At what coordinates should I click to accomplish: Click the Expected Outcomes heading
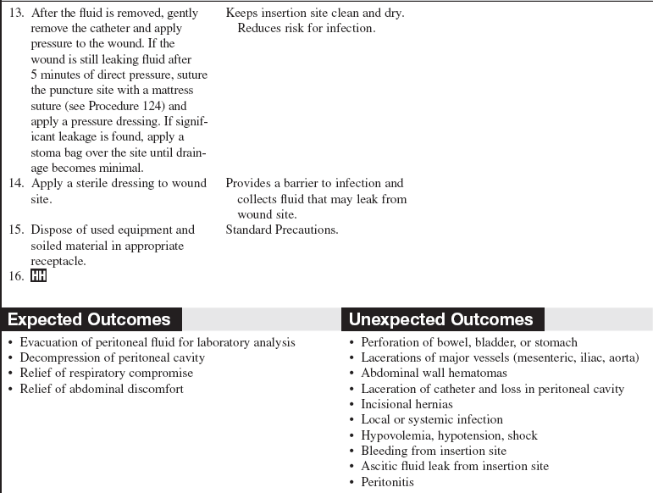pyautogui.click(x=89, y=319)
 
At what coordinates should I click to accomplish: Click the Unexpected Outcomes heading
pyautogui.click(x=440, y=319)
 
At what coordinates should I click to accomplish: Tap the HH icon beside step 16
pyautogui.click(x=39, y=277)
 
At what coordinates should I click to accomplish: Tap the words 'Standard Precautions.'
pyautogui.click(x=282, y=230)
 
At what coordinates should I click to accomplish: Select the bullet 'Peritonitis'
pyautogui.click(x=387, y=482)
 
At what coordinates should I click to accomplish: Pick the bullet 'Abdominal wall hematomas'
pyautogui.click(x=434, y=373)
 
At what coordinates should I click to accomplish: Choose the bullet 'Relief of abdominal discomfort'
pyautogui.click(x=101, y=389)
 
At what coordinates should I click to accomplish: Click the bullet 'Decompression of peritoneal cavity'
pyautogui.click(x=112, y=357)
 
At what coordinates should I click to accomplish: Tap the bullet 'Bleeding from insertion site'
pyautogui.click(x=434, y=451)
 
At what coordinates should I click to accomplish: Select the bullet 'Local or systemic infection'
pyautogui.click(x=432, y=419)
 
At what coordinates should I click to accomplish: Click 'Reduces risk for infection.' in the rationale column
pyautogui.click(x=306, y=28)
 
